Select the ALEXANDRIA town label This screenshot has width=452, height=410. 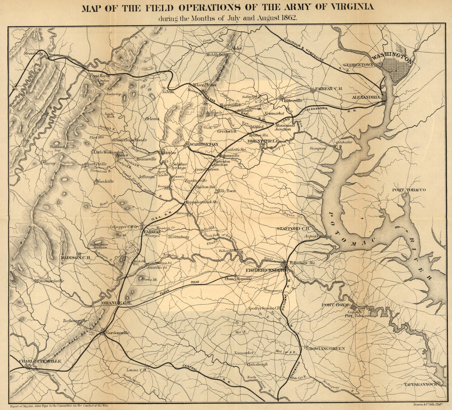click(x=367, y=97)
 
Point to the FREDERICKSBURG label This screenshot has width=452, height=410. click(x=265, y=270)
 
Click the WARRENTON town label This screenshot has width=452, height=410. click(x=204, y=144)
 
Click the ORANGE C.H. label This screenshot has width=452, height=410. click(x=116, y=303)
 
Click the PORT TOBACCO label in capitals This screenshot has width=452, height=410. click(x=409, y=190)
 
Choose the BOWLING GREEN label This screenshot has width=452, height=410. click(x=327, y=348)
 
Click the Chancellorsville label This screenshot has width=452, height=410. click(x=238, y=279)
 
